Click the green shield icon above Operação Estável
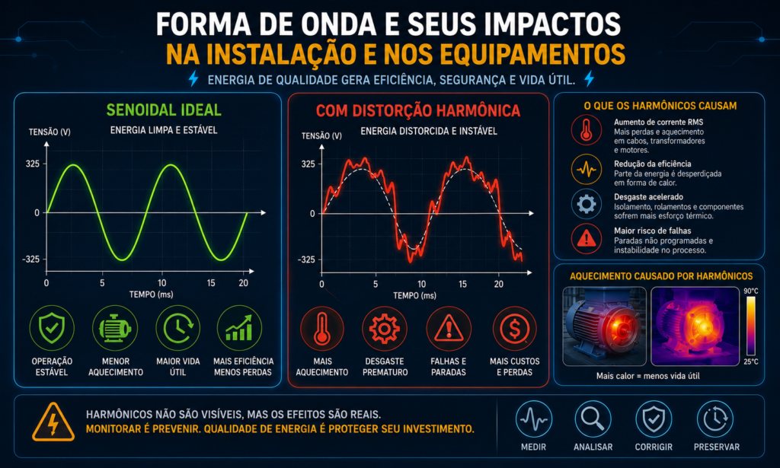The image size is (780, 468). click(52, 328)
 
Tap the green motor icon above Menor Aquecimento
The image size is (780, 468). click(115, 328)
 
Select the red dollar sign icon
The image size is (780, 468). click(515, 329)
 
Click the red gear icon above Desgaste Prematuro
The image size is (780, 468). click(385, 329)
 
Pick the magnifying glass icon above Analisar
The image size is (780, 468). click(593, 419)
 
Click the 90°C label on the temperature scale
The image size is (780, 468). click(751, 291)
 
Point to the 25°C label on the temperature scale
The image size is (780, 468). click(751, 361)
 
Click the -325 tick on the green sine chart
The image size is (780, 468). click(30, 259)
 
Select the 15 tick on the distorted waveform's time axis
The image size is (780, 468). click(462, 284)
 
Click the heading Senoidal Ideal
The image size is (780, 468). click(164, 110)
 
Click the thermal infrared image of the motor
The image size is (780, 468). click(695, 326)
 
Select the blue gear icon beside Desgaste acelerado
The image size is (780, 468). click(587, 204)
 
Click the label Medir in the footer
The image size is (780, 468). click(533, 447)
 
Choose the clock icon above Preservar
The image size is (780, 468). click(715, 419)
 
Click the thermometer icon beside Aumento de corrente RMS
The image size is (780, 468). click(587, 130)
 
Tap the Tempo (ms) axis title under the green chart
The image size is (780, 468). click(152, 294)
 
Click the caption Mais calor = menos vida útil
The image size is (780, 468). click(647, 376)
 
